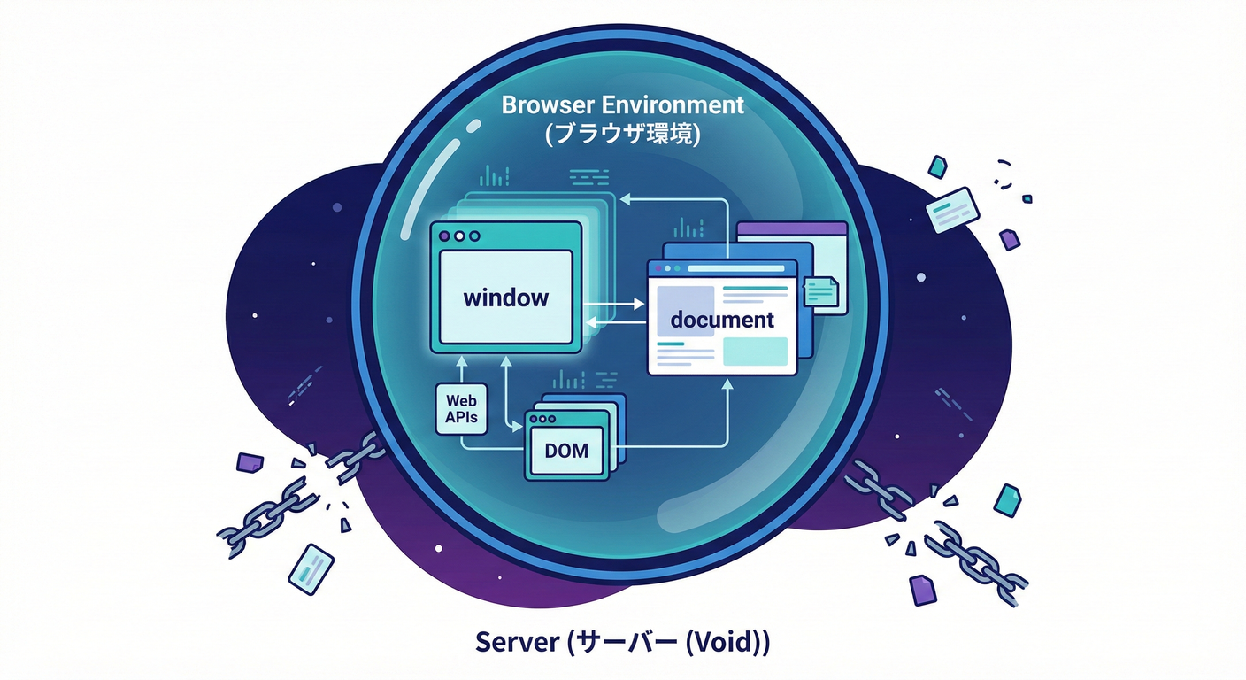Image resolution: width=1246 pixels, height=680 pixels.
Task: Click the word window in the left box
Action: pos(506,297)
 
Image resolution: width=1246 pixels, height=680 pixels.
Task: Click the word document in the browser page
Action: pos(722,320)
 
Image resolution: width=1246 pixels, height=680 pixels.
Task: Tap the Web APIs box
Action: pos(462,409)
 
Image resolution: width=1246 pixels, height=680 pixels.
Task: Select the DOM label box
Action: pos(566,450)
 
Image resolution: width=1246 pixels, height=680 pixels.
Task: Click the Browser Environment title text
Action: pos(623,104)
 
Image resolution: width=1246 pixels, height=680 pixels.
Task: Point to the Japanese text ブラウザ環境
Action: pos(623,135)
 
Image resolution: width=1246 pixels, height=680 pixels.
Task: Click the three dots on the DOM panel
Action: pos(541,419)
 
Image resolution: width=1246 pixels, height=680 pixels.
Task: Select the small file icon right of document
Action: pos(820,291)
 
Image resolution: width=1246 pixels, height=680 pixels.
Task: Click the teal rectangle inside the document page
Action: pos(755,352)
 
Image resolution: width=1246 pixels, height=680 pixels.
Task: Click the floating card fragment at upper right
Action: pos(952,209)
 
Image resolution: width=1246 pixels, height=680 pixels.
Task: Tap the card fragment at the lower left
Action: pos(311,566)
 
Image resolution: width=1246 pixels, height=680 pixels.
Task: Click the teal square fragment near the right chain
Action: pos(1007,500)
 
